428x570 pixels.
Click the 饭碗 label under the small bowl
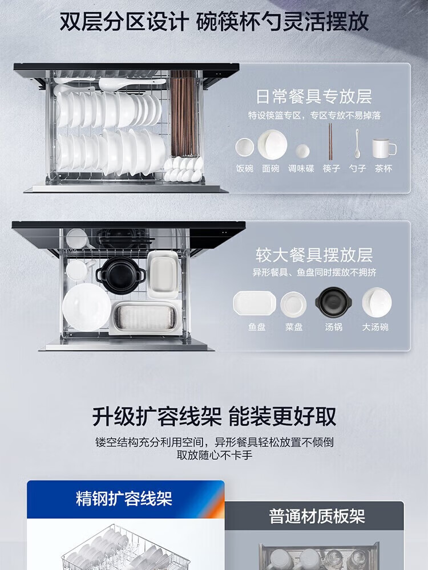pos(245,169)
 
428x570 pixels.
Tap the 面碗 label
pos(270,169)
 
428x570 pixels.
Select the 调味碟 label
pos(301,169)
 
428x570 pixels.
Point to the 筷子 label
pos(331,169)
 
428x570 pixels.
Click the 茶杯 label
pos(383,169)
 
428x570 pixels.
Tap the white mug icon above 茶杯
pos(384,148)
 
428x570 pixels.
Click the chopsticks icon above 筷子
pos(330,141)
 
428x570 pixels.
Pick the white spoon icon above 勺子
pos(357,143)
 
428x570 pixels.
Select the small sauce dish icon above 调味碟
pos(302,151)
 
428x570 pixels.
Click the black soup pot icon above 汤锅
pos(334,302)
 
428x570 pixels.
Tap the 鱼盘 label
pos(257,327)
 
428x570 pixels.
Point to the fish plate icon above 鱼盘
pos(255,303)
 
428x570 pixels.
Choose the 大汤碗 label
pos(375,327)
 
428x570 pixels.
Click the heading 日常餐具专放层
pos(314,97)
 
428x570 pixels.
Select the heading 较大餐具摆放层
pos(314,255)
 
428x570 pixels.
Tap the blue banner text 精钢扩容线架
pos(124,498)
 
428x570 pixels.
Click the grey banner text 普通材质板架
pos(317,516)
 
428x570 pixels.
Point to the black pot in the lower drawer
pos(120,275)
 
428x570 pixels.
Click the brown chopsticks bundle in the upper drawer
pos(184,113)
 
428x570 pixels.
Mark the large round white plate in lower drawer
pos(87,307)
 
